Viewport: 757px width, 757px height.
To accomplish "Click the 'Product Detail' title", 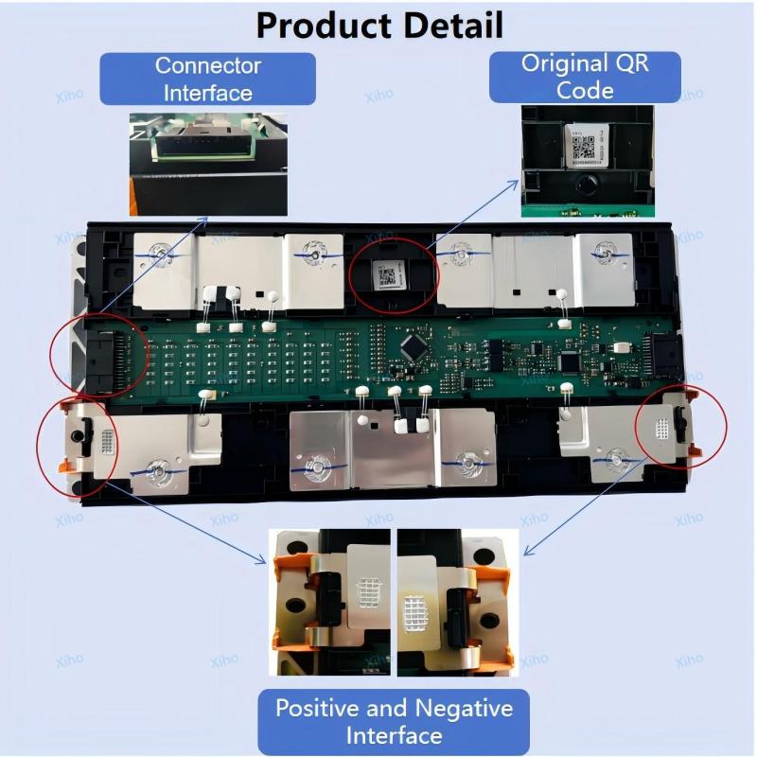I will [x=379, y=25].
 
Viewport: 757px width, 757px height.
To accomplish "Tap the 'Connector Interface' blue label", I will [x=207, y=79].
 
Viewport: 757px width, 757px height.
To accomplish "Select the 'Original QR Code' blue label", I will [x=585, y=77].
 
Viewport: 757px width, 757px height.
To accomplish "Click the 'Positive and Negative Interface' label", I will [x=394, y=720].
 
